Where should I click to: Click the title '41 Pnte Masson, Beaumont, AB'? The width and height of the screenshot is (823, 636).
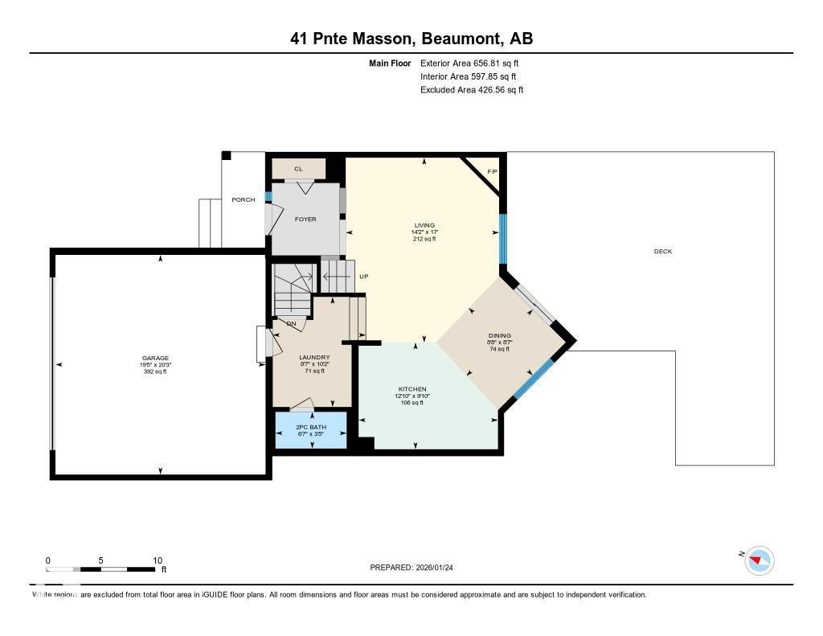[x=411, y=39]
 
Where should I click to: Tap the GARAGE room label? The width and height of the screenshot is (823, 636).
[x=156, y=358]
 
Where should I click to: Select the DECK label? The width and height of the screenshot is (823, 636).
[x=662, y=252]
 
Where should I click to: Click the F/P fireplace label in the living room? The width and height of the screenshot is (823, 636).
[x=492, y=171]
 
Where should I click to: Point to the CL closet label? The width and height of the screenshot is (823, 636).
[x=298, y=169]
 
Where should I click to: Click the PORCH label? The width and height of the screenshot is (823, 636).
[x=243, y=199]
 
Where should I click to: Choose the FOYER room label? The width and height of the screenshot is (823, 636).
[x=305, y=219]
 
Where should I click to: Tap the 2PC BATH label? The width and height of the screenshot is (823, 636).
[x=311, y=425]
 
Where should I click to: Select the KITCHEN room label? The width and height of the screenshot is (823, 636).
[x=411, y=389]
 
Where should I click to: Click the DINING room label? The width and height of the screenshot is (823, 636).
[x=499, y=335]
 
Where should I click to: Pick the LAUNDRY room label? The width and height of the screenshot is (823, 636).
[x=314, y=357]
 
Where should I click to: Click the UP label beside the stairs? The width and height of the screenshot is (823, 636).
[x=363, y=277]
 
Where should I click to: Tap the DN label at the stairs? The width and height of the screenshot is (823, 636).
[x=291, y=323]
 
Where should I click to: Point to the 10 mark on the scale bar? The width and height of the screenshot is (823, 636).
[x=158, y=560]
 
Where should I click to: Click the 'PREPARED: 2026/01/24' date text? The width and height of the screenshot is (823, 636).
[x=416, y=567]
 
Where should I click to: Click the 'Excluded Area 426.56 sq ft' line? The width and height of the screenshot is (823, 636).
[x=472, y=90]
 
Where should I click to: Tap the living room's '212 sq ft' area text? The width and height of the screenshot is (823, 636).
[x=424, y=239]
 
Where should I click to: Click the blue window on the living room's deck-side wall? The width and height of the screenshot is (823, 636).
[x=503, y=239]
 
